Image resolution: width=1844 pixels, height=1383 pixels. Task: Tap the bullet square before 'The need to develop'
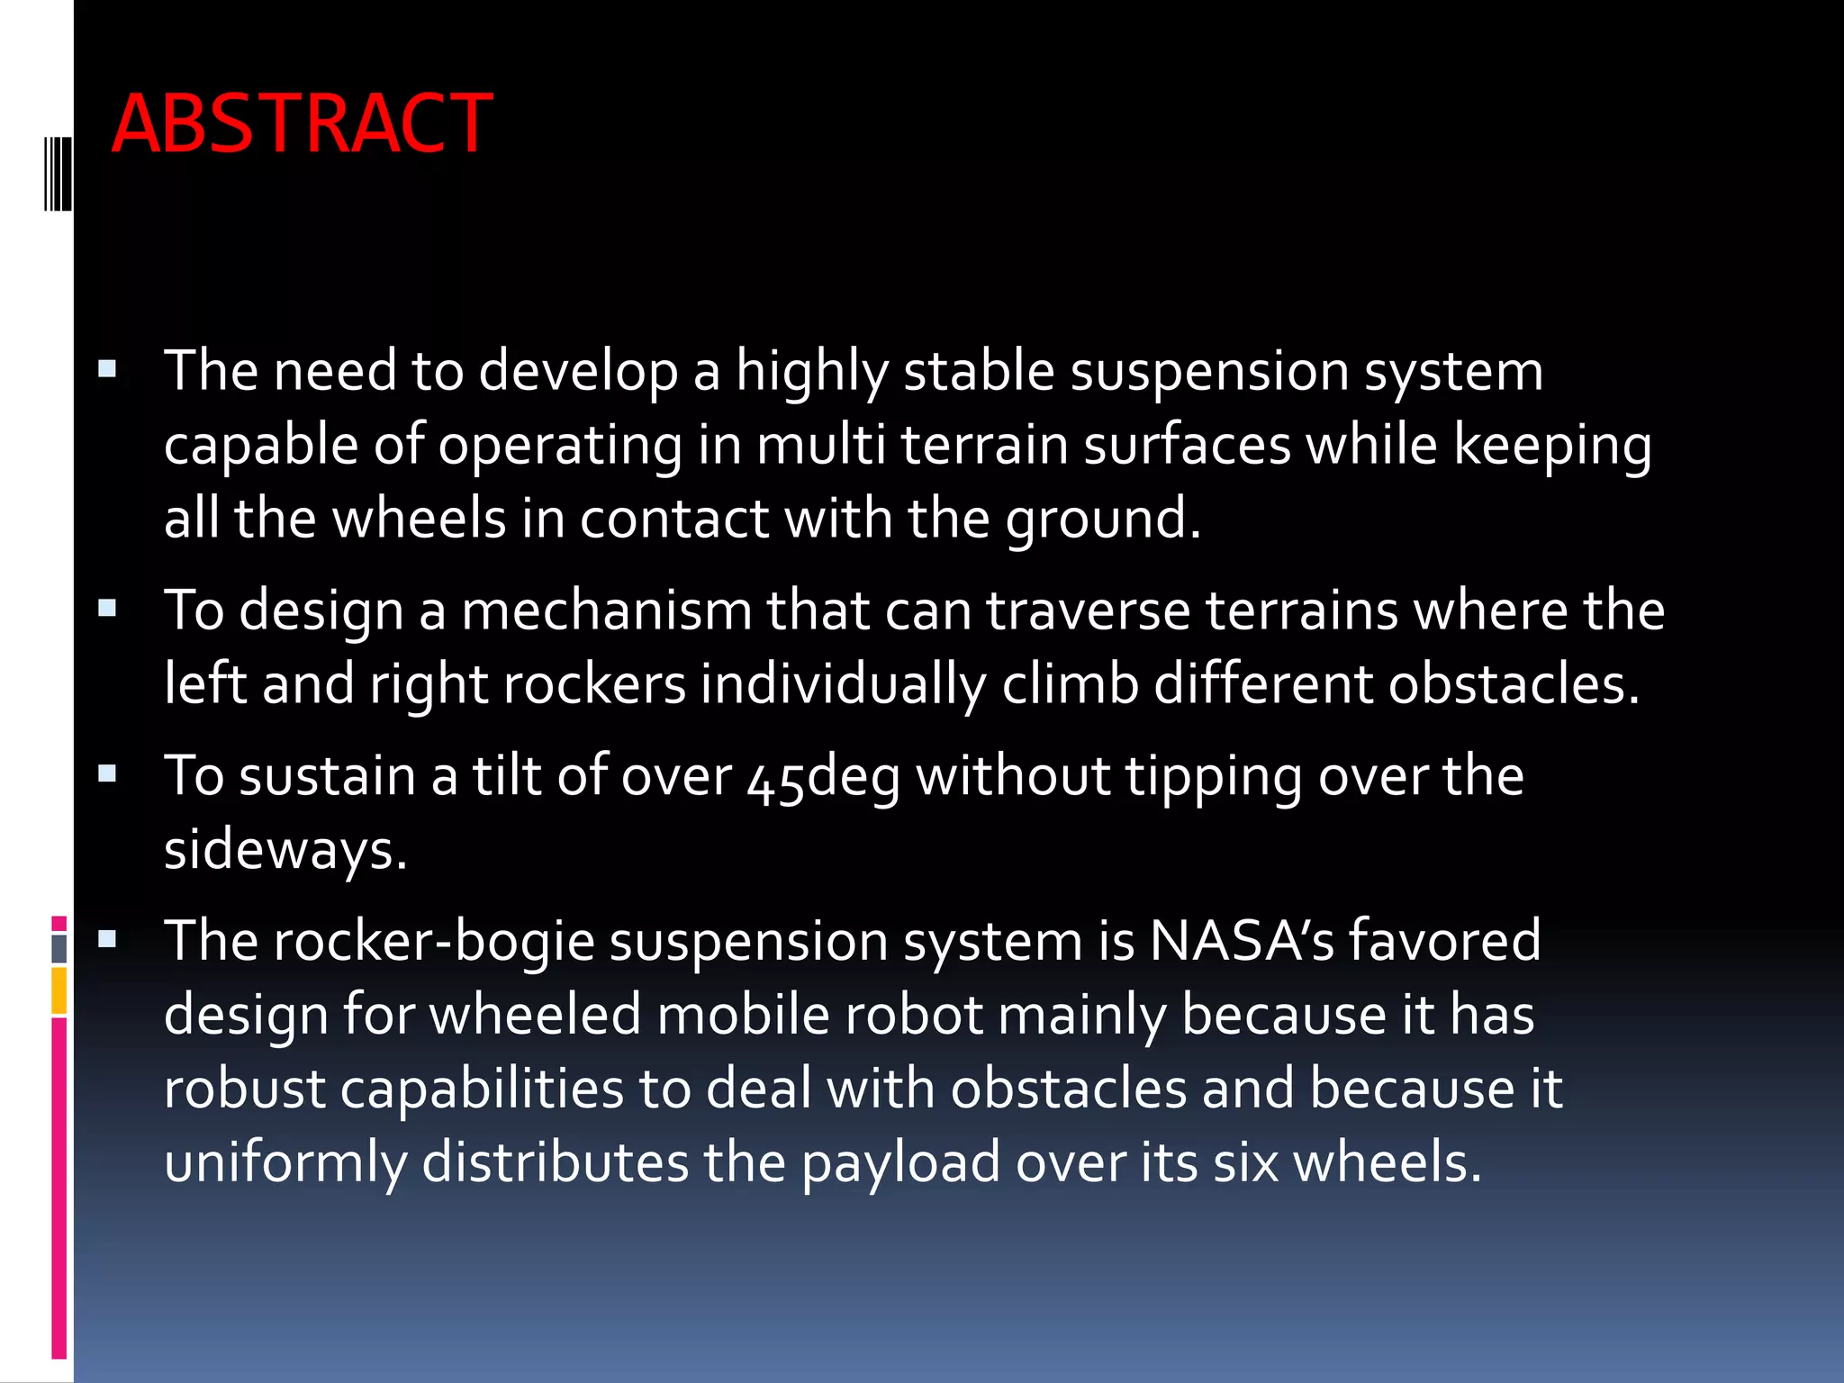108,368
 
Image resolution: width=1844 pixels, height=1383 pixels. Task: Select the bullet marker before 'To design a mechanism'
108,609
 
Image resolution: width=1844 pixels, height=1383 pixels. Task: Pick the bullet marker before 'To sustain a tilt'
108,773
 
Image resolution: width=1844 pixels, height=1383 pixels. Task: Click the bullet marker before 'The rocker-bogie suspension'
108,939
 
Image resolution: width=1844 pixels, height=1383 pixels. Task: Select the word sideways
285,850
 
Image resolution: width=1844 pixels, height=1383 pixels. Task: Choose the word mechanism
606,610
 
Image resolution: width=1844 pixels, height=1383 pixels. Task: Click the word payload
900,1163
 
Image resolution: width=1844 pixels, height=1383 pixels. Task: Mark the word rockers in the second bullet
594,684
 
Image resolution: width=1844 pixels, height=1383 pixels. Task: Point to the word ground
1103,520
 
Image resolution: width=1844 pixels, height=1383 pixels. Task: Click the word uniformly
285,1163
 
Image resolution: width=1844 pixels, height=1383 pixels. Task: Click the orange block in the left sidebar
59,990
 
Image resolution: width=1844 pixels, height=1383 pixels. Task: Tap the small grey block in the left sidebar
59,948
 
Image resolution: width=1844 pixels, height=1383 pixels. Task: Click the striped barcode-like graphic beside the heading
58,174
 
